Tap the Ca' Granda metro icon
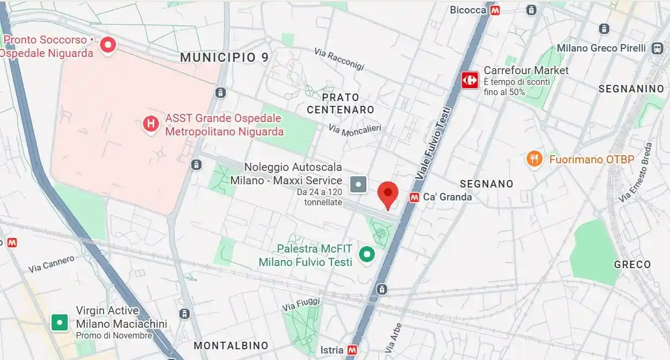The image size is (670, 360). coord(414,197)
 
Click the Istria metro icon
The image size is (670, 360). coord(352,350)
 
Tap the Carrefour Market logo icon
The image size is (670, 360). coord(470,80)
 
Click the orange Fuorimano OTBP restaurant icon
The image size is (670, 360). coord(534,159)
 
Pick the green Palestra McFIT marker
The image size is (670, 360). coord(367,254)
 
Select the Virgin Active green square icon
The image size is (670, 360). coord(60,322)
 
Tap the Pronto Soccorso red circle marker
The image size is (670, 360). coord(109,45)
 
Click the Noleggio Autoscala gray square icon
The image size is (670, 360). coord(358,184)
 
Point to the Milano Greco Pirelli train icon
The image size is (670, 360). coord(657,48)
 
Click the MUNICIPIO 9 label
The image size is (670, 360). coord(224,57)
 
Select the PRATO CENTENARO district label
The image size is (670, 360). coord(340,104)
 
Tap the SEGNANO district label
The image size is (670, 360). coord(486,184)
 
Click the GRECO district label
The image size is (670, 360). coord(632,264)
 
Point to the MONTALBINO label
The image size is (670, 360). coord(230,345)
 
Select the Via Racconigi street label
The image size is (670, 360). coord(339,59)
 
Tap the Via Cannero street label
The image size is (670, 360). coord(52,263)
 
